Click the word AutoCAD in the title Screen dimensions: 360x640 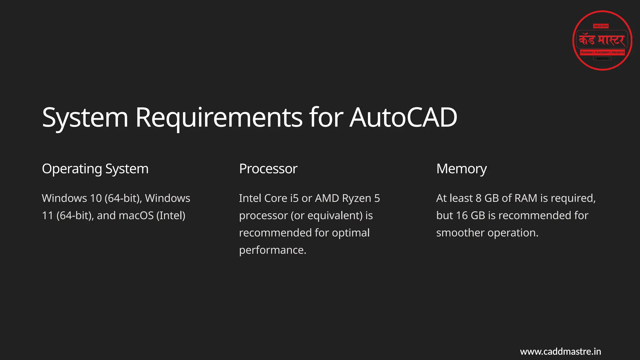(403, 117)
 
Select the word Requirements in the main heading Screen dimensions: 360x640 (219, 117)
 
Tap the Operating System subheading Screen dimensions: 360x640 (95, 169)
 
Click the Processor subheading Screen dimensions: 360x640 (268, 169)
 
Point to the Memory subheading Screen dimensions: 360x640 (461, 169)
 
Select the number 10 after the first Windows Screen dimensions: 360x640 (96, 198)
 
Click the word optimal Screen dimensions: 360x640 (351, 233)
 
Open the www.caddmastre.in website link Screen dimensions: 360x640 (560, 352)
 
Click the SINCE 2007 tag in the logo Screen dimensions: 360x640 (601, 26)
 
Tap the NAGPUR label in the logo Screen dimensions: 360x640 (602, 58)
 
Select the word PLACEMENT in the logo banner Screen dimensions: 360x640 (602, 52)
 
